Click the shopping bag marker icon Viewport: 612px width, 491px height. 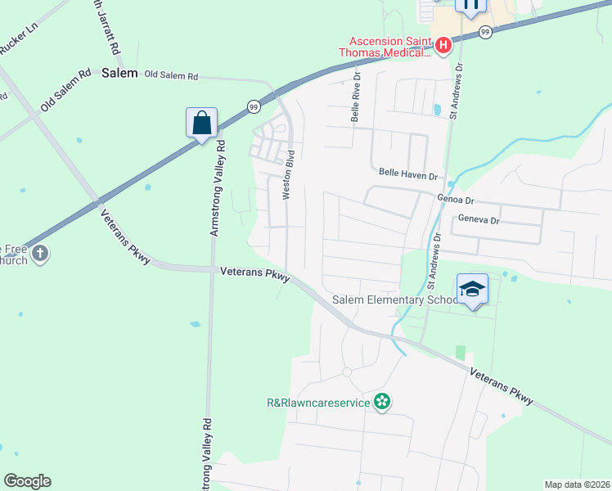pyautogui.click(x=201, y=124)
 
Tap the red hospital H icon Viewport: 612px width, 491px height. pyautogui.click(x=443, y=46)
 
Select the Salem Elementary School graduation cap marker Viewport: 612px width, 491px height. pyautogui.click(x=473, y=289)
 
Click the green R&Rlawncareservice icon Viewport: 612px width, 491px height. pyautogui.click(x=380, y=401)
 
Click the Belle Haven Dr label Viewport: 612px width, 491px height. pyautogui.click(x=409, y=174)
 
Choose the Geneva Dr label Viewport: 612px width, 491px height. pyautogui.click(x=479, y=220)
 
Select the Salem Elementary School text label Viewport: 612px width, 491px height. pyautogui.click(x=396, y=300)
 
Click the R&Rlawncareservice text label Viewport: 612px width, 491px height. pyautogui.click(x=319, y=402)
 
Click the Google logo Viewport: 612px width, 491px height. pyautogui.click(x=27, y=481)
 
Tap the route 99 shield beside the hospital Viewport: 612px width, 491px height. pyautogui.click(x=485, y=32)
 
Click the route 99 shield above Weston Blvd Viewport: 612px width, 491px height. pyautogui.click(x=254, y=106)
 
